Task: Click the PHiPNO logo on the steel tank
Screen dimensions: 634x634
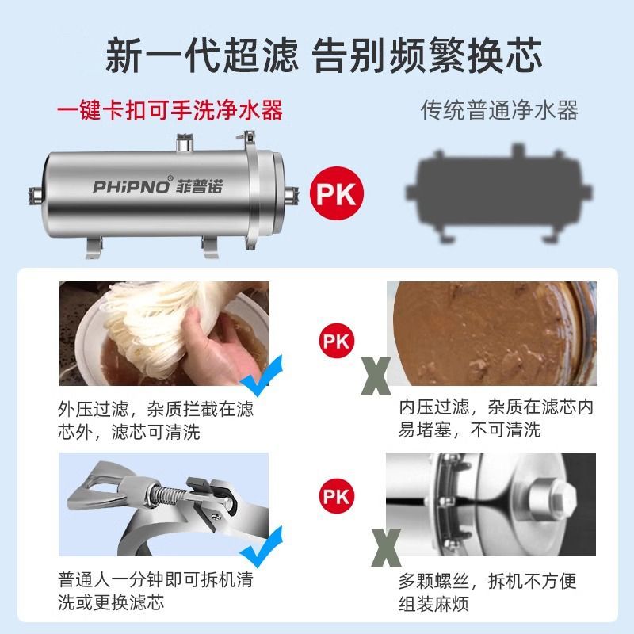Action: pyautogui.click(x=131, y=186)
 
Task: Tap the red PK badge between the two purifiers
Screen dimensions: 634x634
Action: pyautogui.click(x=336, y=193)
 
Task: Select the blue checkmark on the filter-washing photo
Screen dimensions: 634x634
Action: pyautogui.click(x=262, y=376)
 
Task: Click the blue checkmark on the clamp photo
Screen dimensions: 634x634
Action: pyautogui.click(x=262, y=547)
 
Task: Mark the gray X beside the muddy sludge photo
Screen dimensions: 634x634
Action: pyautogui.click(x=376, y=376)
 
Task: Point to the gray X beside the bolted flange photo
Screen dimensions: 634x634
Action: pyautogui.click(x=386, y=547)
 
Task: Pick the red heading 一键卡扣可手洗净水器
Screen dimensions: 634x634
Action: pyautogui.click(x=170, y=110)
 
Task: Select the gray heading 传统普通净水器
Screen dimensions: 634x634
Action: pyautogui.click(x=500, y=110)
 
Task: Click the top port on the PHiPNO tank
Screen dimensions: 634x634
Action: pyautogui.click(x=185, y=143)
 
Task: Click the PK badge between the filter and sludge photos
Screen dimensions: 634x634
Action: pyautogui.click(x=336, y=341)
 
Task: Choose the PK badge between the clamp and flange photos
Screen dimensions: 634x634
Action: pyautogui.click(x=336, y=496)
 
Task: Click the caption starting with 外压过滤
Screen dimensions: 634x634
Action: pyautogui.click(x=155, y=421)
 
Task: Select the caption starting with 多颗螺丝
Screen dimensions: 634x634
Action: pyautogui.click(x=487, y=592)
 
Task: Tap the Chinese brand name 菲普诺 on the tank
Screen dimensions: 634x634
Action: pyautogui.click(x=199, y=186)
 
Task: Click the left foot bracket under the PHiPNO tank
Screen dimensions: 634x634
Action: pyautogui.click(x=94, y=247)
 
